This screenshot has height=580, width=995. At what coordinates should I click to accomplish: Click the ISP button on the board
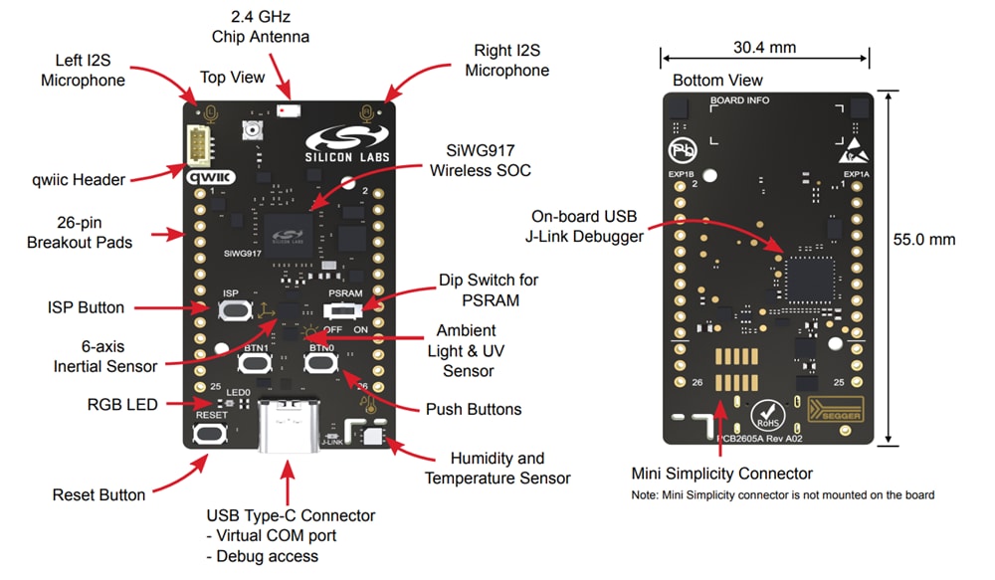tap(231, 310)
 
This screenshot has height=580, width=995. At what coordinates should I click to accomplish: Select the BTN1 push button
tap(254, 364)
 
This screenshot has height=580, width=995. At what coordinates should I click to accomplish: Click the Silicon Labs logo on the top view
tap(347, 145)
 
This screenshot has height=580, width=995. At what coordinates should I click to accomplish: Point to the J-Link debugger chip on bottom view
tap(812, 278)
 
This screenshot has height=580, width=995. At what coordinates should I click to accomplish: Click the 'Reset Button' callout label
tap(99, 494)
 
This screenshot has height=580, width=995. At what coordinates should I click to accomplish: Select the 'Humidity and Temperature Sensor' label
tap(497, 469)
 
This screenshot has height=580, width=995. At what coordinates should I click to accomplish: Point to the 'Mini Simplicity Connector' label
tap(722, 474)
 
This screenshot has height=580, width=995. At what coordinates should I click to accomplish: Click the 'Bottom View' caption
tap(717, 80)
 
